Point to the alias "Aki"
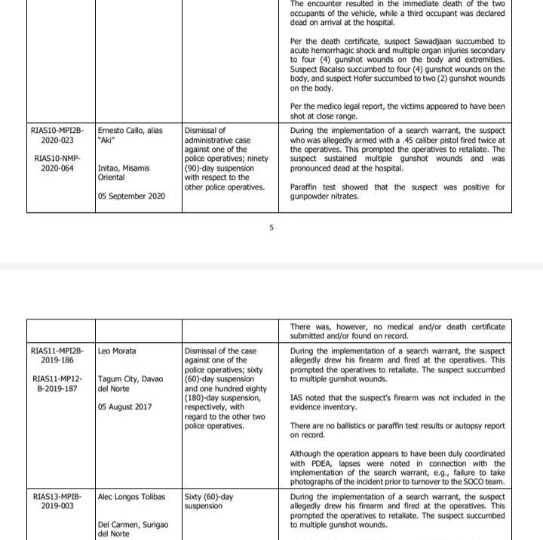click(x=110, y=140)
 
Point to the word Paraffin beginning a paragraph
click(x=308, y=187)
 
